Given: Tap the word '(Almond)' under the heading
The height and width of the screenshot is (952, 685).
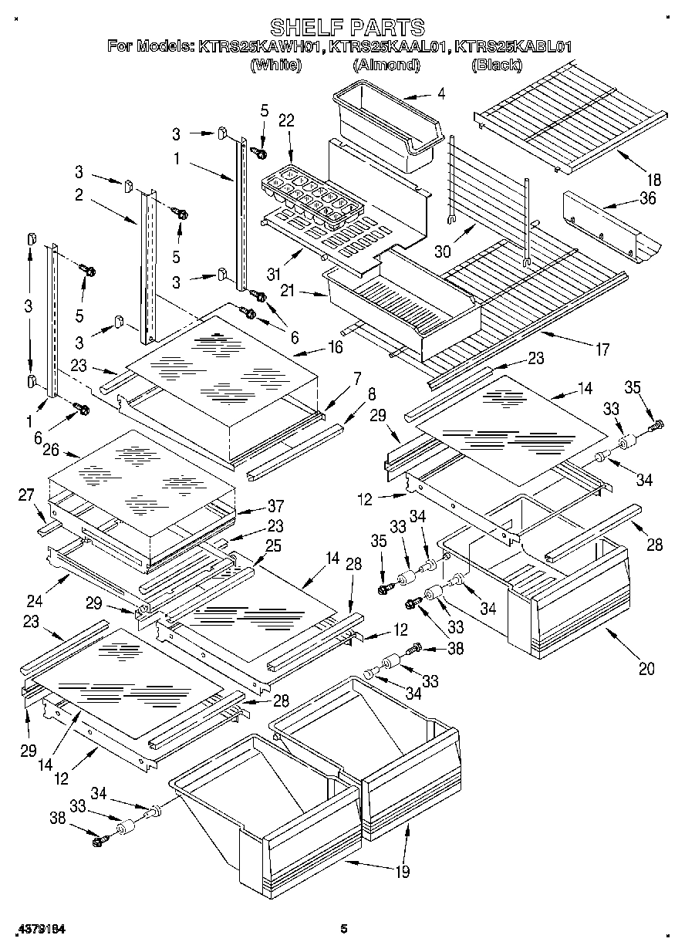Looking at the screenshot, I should [386, 65].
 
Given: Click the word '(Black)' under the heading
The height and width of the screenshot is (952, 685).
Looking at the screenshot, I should [496, 65].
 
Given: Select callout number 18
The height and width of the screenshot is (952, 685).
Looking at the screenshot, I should [653, 180].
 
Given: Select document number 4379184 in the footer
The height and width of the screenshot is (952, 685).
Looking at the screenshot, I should [37, 929].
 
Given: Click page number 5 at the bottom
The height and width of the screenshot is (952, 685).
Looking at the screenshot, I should [344, 929].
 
